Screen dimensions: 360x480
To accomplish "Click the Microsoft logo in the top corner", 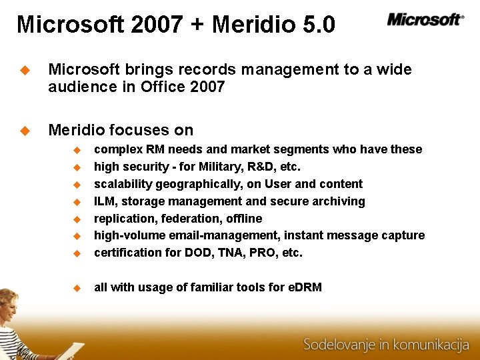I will pyautogui.click(x=425, y=19).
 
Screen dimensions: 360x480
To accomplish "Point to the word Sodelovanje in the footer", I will pyautogui.click(x=338, y=345).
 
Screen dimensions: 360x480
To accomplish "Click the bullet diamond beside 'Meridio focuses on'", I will pyautogui.click(x=25, y=131).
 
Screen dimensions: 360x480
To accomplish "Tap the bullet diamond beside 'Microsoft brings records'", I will pyautogui.click(x=25, y=70).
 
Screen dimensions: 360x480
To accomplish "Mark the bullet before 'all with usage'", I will pyautogui.click(x=77, y=288).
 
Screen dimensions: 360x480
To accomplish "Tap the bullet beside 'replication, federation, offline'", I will pyautogui.click(x=77, y=219).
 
